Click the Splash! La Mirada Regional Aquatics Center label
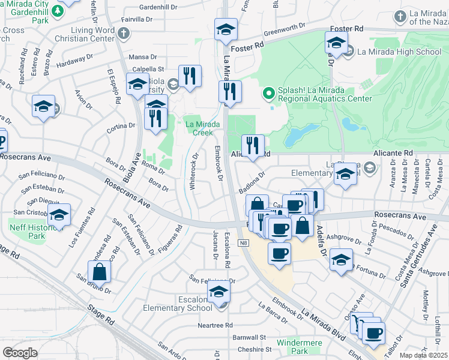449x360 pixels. (x=324, y=94)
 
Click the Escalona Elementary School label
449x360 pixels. (x=178, y=303)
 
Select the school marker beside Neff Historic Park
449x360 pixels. (x=59, y=214)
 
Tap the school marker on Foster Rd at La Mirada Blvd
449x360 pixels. (x=226, y=29)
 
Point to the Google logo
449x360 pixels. (x=20, y=353)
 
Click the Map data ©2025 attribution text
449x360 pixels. (x=424, y=355)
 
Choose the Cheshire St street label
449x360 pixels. (x=254, y=349)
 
